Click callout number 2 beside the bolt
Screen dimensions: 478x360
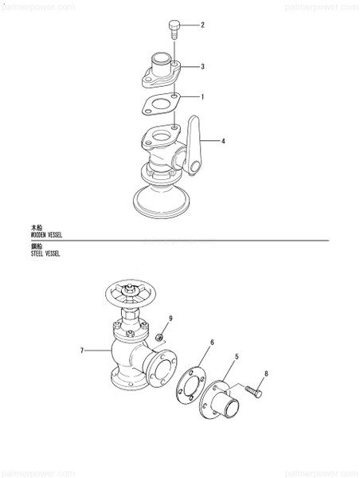[x=202, y=25]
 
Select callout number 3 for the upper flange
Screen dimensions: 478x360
[x=203, y=66]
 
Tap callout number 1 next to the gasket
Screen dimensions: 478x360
[x=203, y=97]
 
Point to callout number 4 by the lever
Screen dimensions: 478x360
[x=223, y=141]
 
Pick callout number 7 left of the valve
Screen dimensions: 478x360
[x=81, y=350]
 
